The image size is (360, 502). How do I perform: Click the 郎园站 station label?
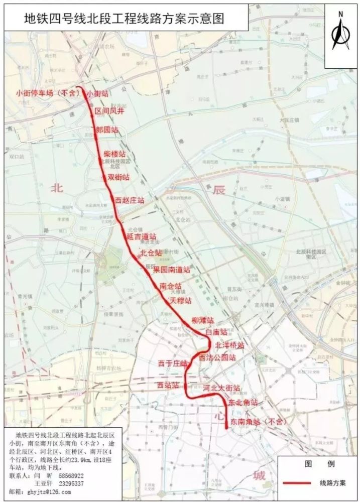(x=108, y=130)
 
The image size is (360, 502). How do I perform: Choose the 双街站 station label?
(x=119, y=177)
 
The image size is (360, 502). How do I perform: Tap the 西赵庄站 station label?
(x=130, y=200)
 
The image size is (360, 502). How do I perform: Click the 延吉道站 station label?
(x=142, y=236)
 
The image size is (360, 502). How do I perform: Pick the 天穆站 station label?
(x=181, y=301)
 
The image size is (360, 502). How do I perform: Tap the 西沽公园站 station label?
(x=217, y=357)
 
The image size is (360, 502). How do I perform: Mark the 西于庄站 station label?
(x=172, y=362)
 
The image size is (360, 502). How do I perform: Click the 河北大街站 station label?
(x=221, y=388)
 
